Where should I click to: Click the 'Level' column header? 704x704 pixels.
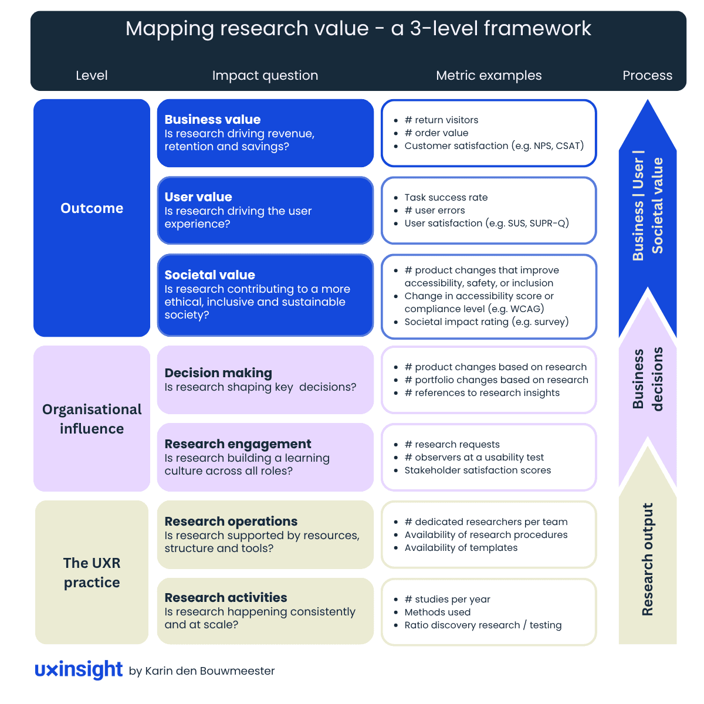point(92,76)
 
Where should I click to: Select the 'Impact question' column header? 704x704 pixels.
point(265,76)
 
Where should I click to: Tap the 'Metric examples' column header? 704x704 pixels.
point(489,76)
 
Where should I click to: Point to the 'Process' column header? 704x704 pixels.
point(647,76)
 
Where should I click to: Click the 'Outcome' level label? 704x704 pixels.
point(92,208)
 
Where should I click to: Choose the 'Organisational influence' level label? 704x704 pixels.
point(92,419)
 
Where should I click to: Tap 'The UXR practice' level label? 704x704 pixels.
point(92,573)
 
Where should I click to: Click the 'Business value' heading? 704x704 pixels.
point(212,119)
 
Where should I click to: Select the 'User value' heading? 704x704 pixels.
point(198,197)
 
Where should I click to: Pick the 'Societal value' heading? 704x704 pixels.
point(209,275)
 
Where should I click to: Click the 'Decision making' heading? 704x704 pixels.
point(218,373)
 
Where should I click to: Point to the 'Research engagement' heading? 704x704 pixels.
point(238,444)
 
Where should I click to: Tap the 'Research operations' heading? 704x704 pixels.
point(231,522)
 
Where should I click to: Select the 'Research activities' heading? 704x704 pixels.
point(226,598)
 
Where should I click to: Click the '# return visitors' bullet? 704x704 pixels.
point(441,120)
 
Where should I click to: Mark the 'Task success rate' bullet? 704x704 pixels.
point(446,198)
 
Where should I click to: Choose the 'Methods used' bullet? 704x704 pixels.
point(437,612)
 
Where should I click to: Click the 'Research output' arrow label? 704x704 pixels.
point(648,559)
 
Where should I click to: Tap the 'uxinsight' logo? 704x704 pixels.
point(79,670)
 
